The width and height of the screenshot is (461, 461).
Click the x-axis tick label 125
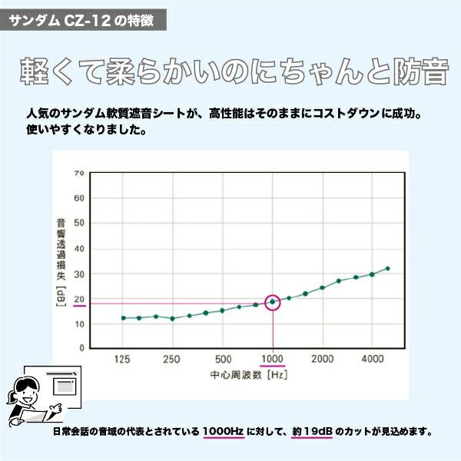point(121,360)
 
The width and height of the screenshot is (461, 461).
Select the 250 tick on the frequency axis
point(171,360)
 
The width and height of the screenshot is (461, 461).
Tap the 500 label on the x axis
point(223,360)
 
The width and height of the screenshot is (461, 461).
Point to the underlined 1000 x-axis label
point(273,360)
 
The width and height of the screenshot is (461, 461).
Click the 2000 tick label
point(323,360)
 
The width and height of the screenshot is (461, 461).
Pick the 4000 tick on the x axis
point(373,360)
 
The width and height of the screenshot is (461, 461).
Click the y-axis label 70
point(78,173)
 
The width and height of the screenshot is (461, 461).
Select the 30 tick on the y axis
point(78,274)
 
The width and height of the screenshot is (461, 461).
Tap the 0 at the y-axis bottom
point(81,347)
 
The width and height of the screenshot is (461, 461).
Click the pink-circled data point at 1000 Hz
point(273,302)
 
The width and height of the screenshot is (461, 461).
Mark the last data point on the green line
point(387,269)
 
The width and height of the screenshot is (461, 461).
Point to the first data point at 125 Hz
point(123,317)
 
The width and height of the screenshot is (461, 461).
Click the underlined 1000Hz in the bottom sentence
point(224,432)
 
